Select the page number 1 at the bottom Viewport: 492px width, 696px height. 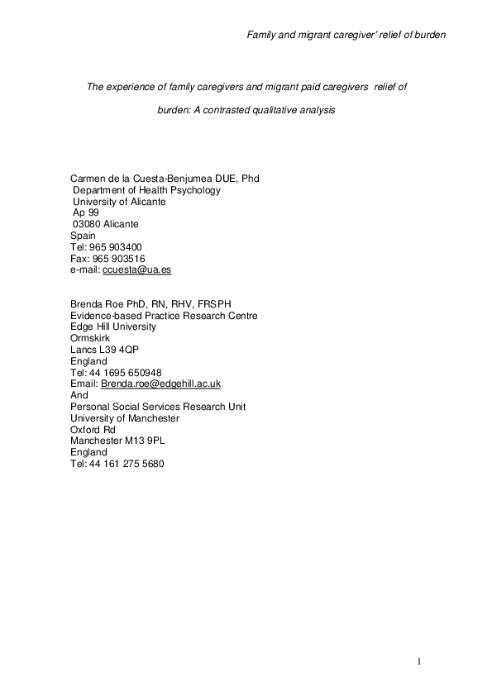click(419, 660)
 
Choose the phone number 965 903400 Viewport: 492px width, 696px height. click(121, 247)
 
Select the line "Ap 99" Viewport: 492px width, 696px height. click(86, 212)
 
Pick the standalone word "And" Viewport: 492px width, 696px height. click(80, 395)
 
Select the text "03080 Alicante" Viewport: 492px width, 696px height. click(106, 224)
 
